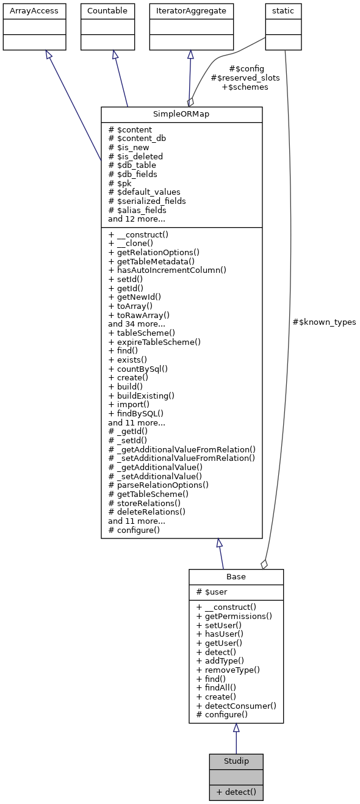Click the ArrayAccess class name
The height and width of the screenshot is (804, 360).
[34, 10]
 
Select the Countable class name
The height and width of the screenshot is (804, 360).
[107, 10]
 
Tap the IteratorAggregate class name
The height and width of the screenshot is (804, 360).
[191, 10]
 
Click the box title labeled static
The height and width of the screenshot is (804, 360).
[283, 10]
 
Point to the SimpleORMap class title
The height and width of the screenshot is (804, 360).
[181, 114]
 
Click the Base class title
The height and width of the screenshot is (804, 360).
[236, 577]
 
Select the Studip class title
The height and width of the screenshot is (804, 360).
[236, 761]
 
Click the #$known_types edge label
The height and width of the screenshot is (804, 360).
[324, 322]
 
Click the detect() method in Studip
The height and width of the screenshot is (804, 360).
[236, 792]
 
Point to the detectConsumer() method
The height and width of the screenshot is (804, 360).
[236, 705]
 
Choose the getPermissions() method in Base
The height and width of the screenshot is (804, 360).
[234, 616]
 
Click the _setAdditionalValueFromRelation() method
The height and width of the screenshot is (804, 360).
[182, 458]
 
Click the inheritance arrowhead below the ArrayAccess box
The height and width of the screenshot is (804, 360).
[48, 55]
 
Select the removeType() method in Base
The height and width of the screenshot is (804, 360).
[228, 669]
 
